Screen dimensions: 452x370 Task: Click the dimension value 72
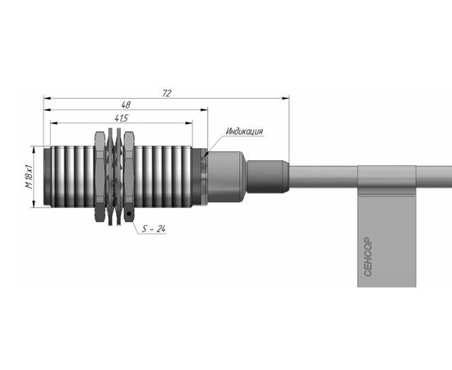point(167,93)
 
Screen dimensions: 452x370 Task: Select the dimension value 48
point(126,104)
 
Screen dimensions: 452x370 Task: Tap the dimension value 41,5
point(121,118)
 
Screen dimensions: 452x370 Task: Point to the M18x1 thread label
point(29,177)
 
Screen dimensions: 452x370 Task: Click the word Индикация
point(244,132)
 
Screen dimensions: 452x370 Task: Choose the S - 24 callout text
point(154,229)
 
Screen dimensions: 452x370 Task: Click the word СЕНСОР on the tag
point(368,257)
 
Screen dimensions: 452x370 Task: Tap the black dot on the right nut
point(129,214)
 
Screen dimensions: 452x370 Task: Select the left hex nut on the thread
point(99,177)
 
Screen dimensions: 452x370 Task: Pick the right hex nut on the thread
point(129,177)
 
